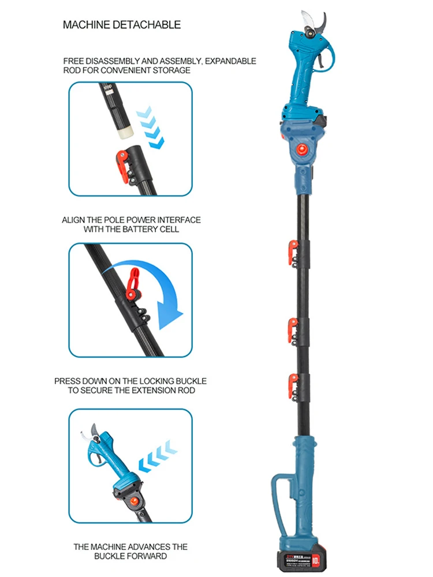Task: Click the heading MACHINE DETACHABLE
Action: click(121, 25)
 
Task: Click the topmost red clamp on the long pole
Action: click(293, 252)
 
